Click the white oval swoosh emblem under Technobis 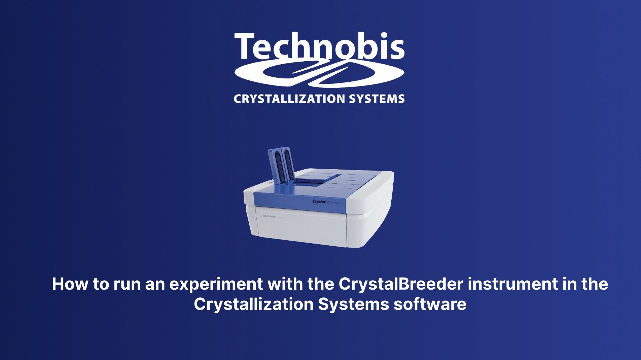pyautogui.click(x=319, y=73)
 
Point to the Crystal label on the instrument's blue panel pyautogui.click(x=319, y=202)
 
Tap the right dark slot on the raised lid pyautogui.click(x=289, y=164)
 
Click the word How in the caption pyautogui.click(x=70, y=284)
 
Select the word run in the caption pyautogui.click(x=127, y=285)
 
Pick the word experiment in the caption pyautogui.click(x=216, y=285)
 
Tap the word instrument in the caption pyautogui.click(x=512, y=284)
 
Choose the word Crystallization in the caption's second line pyautogui.click(x=254, y=304)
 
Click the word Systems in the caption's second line pyautogui.click(x=353, y=304)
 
